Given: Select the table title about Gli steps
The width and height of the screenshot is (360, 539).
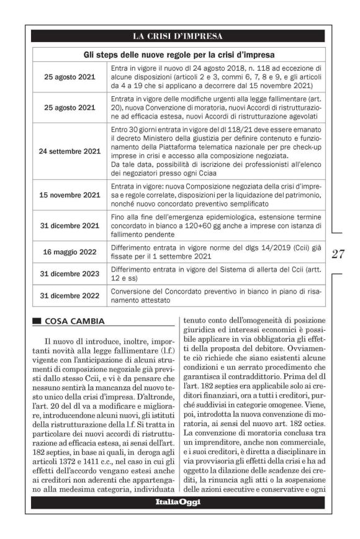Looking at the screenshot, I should pyautogui.click(x=178, y=55).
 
